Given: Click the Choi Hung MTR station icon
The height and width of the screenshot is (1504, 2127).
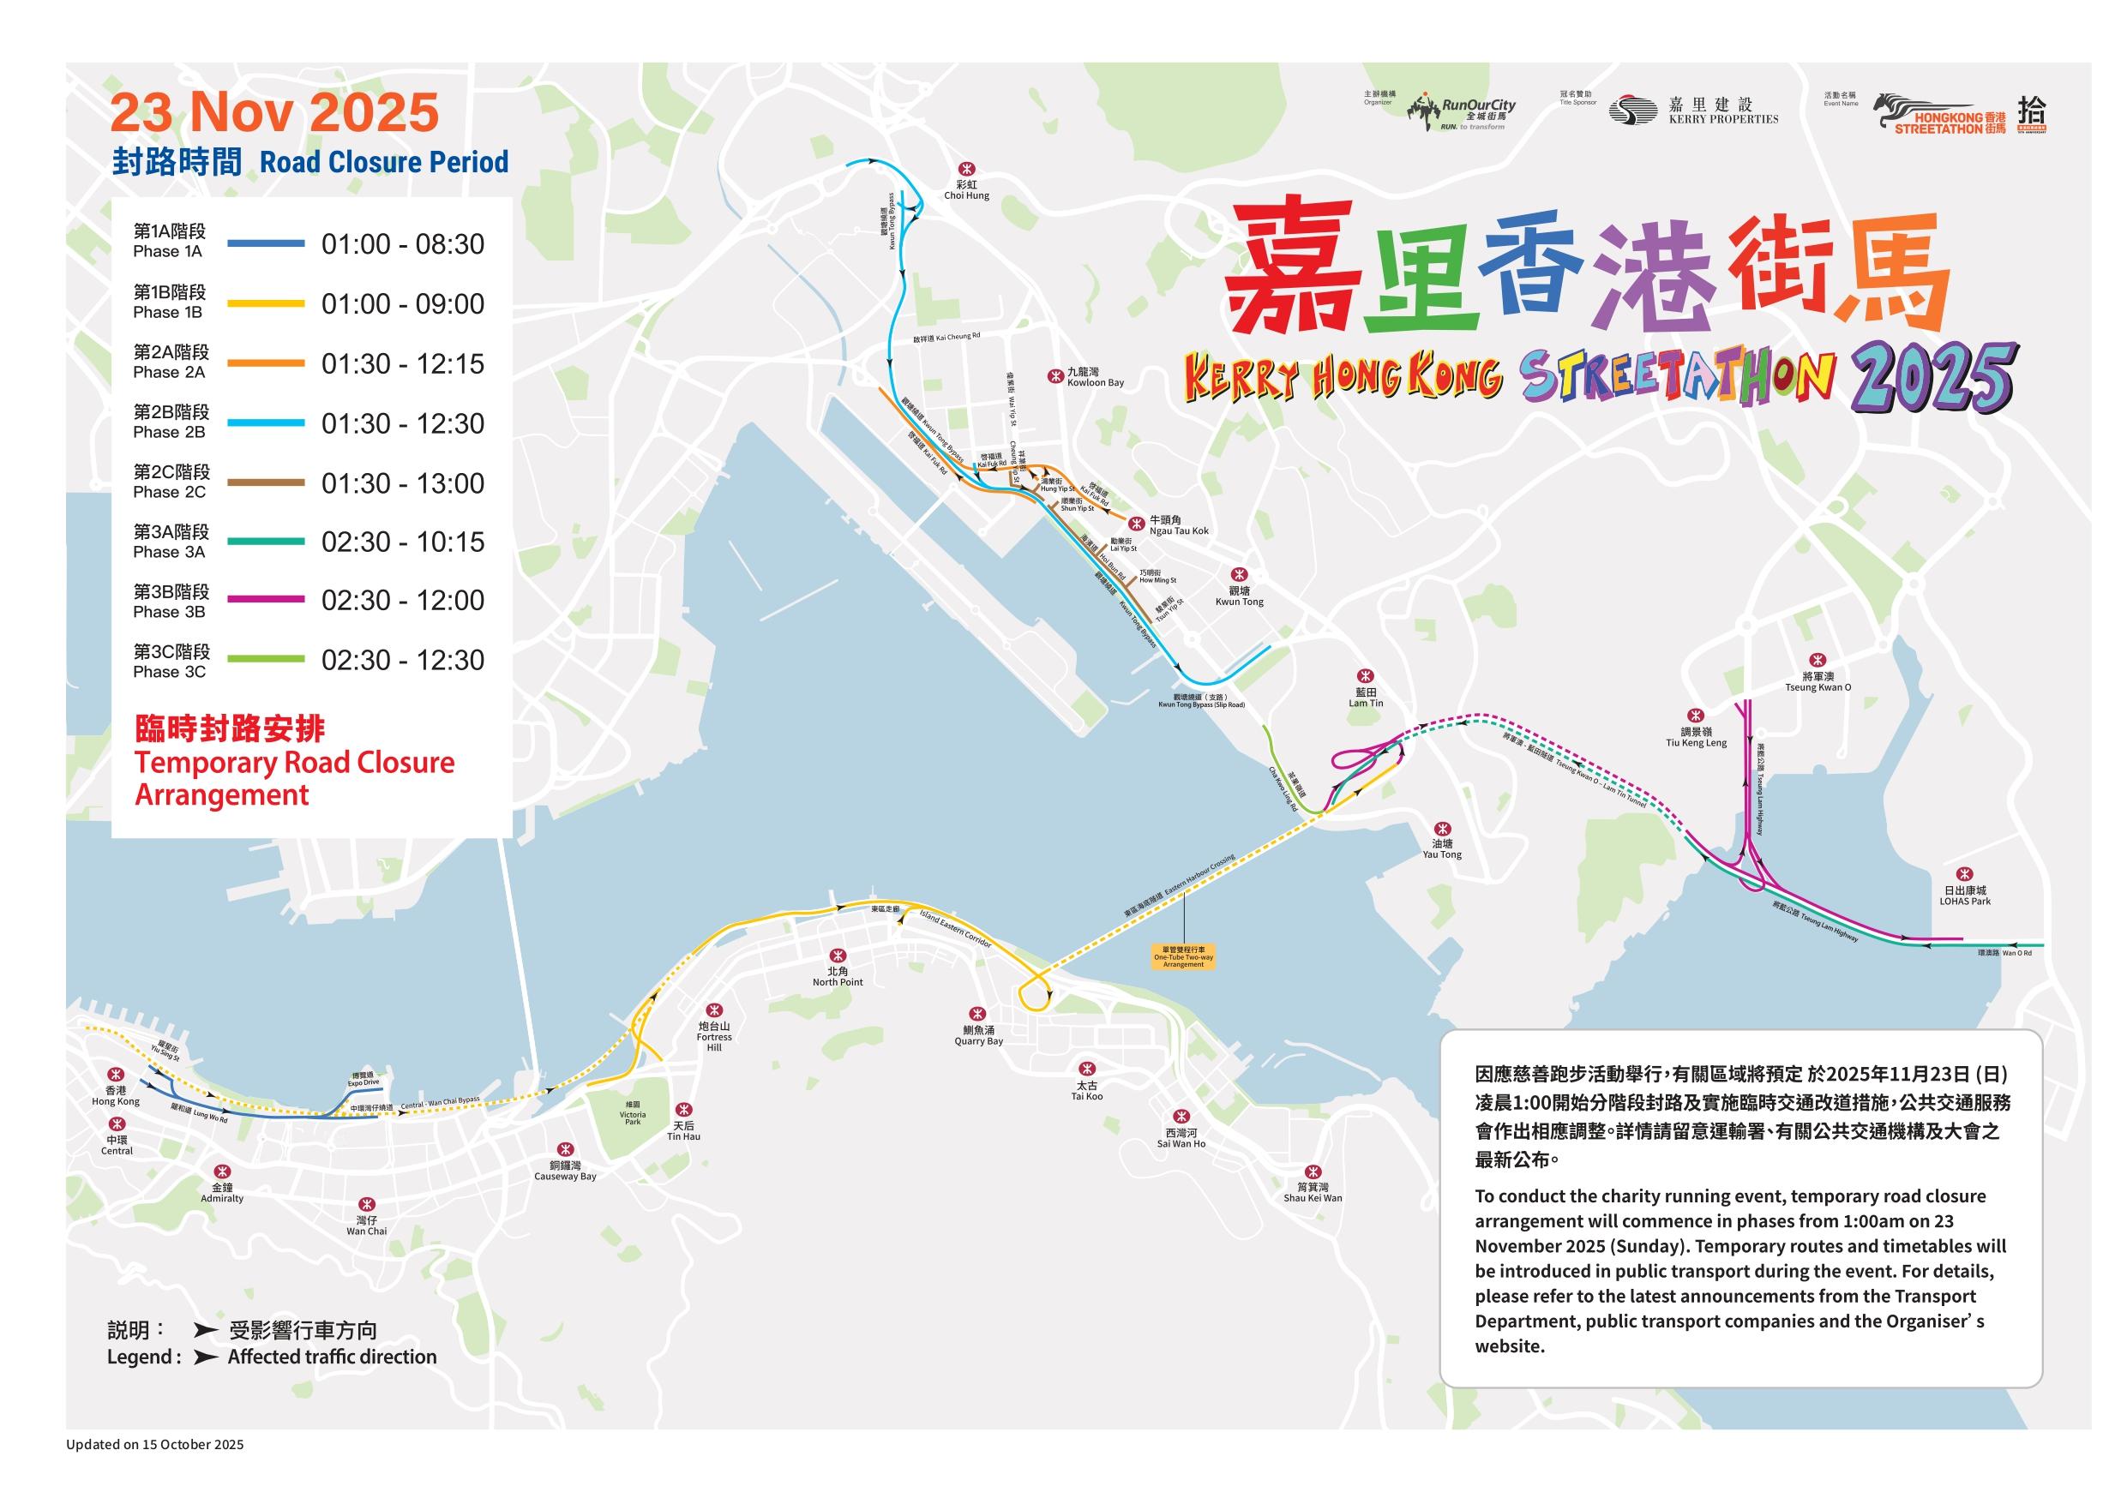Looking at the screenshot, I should (967, 170).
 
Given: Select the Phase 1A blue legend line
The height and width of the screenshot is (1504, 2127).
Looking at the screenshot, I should (266, 243).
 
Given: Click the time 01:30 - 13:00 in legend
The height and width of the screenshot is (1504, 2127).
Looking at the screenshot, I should (403, 483).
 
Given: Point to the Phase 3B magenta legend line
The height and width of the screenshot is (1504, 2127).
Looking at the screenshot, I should (266, 600).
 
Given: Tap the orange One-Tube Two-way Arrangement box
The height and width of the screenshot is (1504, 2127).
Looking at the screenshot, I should (1183, 956).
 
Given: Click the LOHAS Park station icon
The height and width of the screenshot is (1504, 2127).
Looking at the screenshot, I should (1964, 874).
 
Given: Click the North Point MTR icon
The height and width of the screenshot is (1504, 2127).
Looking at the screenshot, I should (838, 955).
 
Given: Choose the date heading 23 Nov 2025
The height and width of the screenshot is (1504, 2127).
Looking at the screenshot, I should (274, 113).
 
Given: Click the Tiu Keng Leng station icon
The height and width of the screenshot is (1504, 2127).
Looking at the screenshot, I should (1697, 716).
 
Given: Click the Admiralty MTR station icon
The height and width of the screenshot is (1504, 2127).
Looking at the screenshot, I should (221, 1172).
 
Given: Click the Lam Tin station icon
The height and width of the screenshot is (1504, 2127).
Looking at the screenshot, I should (1365, 676).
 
